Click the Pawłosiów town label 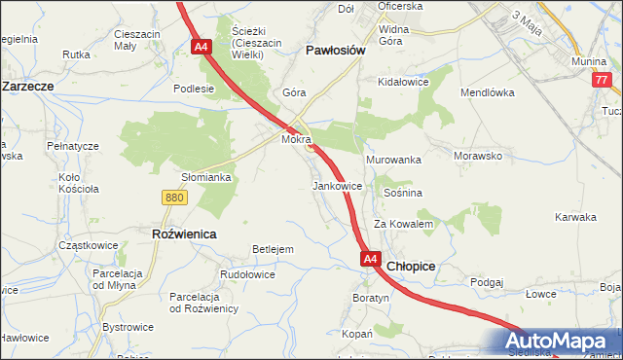point(335,50)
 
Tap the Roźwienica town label point(184,234)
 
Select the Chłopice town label point(411,265)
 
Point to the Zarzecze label point(27,86)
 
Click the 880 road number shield point(174,198)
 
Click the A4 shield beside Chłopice point(370,260)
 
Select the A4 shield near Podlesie point(201,47)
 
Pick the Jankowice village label point(338,185)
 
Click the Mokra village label point(295,140)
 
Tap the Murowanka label point(392,159)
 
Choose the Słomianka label point(206,177)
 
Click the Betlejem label point(273,250)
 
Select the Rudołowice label point(247,274)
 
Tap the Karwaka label point(574,217)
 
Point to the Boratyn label point(371,297)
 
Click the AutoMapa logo point(559,342)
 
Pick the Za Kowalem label point(403,224)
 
